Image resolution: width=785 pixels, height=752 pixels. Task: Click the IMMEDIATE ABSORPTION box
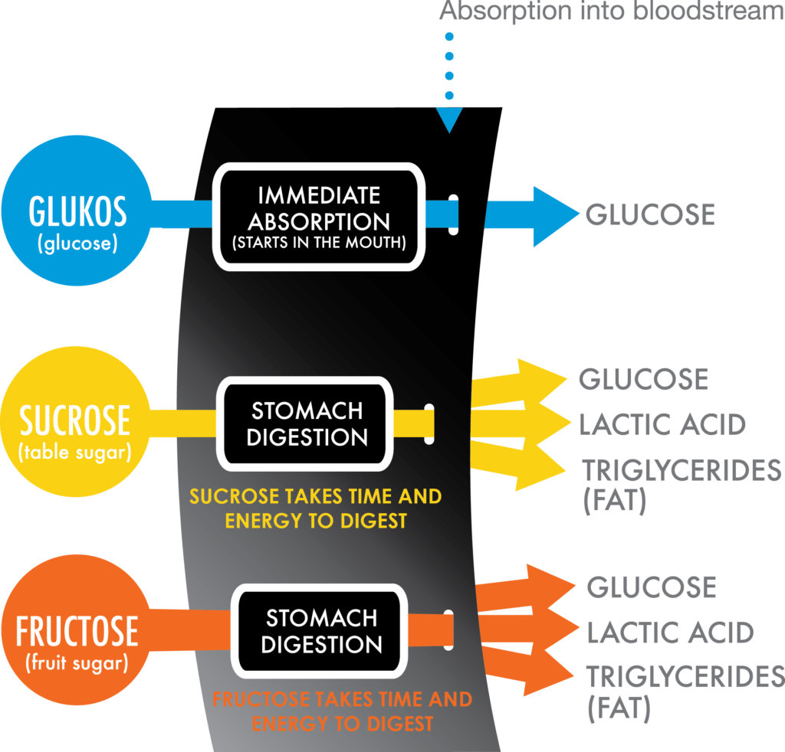(x=318, y=216)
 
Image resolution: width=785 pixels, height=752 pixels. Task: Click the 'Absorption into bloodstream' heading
(x=610, y=12)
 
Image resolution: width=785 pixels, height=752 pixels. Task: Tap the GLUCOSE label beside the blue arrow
(x=650, y=215)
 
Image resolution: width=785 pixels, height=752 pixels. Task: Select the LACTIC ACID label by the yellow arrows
(x=662, y=423)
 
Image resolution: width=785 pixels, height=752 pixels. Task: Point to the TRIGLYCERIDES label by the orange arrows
(x=685, y=677)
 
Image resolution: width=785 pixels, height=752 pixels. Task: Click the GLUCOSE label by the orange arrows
(x=651, y=587)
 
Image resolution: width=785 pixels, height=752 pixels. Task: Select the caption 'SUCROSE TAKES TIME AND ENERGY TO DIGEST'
(x=315, y=508)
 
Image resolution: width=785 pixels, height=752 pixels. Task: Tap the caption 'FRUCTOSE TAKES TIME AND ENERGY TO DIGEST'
(x=342, y=711)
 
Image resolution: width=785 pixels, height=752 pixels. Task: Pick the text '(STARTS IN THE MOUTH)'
(x=318, y=244)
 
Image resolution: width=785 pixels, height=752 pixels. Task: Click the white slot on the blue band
(x=453, y=214)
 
